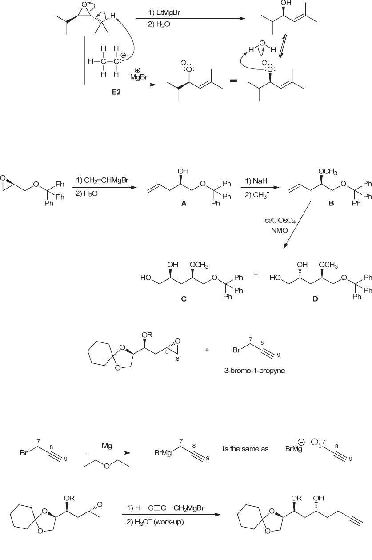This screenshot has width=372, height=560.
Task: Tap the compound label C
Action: [x=184, y=299]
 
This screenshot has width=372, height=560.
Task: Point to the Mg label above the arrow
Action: [x=107, y=444]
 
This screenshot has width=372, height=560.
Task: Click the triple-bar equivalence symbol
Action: [x=234, y=82]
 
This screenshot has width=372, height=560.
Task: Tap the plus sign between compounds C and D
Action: [x=256, y=275]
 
